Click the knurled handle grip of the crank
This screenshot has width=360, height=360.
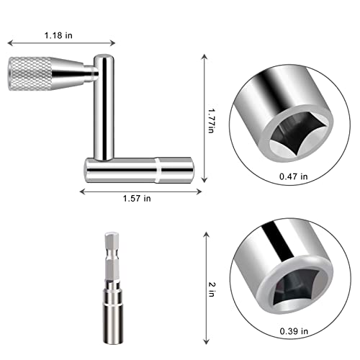click(27, 72)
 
